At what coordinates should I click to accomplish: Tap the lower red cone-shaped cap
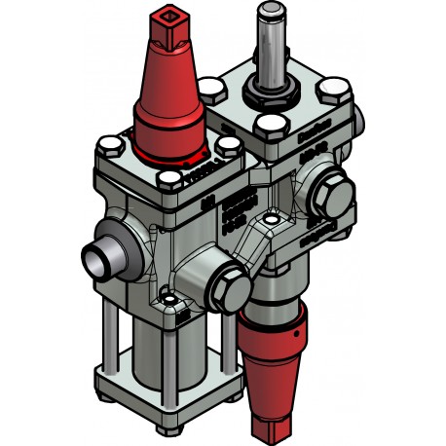(276, 360)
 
